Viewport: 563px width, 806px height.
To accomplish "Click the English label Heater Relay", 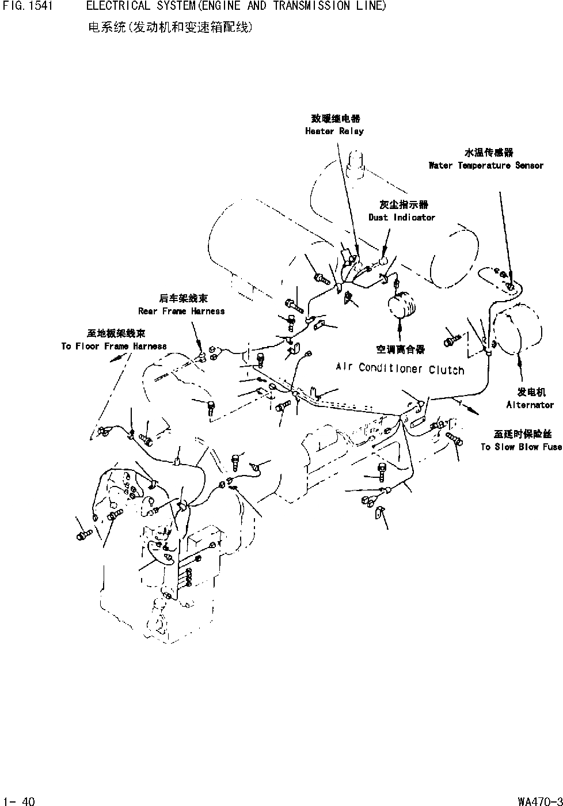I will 334,131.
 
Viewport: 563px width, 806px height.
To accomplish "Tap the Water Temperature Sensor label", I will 486,166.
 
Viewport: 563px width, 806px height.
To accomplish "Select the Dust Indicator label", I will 402,218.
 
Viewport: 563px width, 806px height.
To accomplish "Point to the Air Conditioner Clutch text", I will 400,368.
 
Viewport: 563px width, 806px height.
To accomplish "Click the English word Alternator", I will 530,405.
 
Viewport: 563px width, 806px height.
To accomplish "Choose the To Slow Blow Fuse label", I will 521,447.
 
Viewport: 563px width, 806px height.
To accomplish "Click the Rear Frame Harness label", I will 181,311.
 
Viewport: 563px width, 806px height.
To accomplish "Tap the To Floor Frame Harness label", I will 114,347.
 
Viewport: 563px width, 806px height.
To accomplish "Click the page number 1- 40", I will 19,800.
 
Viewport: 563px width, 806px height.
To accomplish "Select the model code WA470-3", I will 539,800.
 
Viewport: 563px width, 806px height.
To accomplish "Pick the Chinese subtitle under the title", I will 170,27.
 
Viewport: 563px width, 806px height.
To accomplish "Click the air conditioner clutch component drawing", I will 399,305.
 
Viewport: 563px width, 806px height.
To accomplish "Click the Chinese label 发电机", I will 531,393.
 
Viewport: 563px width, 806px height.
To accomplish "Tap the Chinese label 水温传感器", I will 489,153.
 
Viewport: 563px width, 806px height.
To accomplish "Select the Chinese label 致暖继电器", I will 336,119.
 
